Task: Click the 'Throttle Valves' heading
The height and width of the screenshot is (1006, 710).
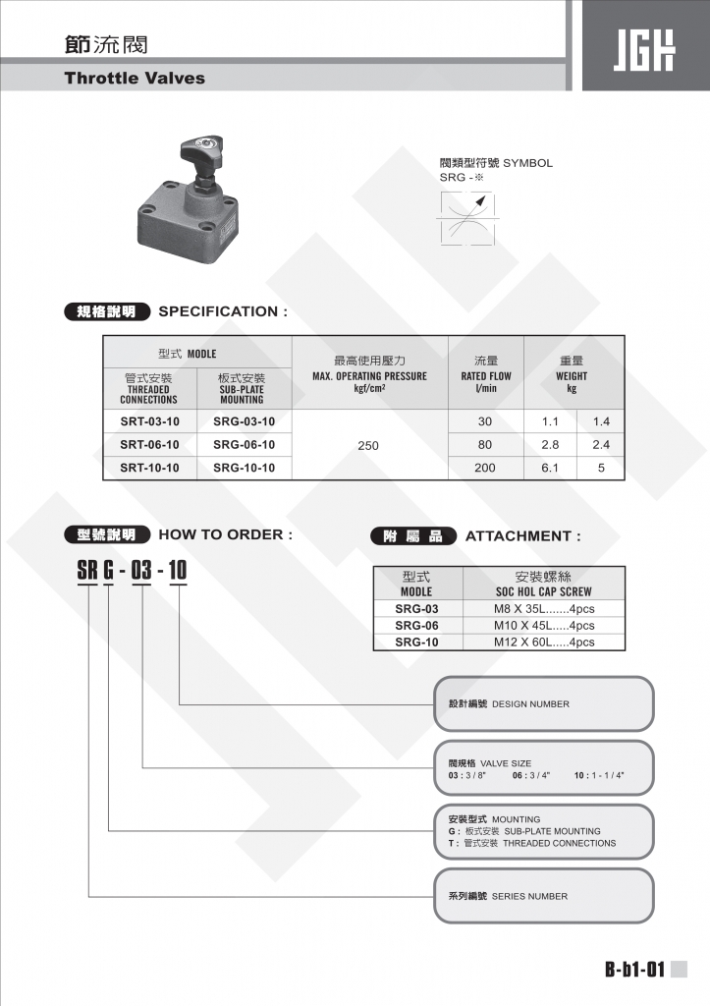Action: click(135, 78)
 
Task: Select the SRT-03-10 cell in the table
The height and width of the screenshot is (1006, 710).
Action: click(149, 421)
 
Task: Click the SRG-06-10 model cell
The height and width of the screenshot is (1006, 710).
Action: click(244, 445)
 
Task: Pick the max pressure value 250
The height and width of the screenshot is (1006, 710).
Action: click(368, 446)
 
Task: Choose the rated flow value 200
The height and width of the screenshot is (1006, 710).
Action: click(485, 469)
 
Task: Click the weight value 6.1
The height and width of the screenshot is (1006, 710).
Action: click(550, 469)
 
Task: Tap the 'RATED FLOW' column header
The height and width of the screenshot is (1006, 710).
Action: click(486, 375)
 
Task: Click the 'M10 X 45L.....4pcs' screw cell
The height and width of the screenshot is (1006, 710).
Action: click(544, 625)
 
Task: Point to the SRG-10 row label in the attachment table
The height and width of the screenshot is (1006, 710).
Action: click(416, 642)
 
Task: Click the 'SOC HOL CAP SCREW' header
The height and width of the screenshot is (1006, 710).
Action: click(543, 591)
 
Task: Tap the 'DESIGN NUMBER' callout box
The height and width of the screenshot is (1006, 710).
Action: click(544, 703)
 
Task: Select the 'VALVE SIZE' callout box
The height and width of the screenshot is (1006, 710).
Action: click(544, 768)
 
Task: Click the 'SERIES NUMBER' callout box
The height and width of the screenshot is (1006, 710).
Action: click(544, 896)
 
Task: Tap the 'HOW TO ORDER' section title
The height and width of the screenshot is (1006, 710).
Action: click(225, 535)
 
